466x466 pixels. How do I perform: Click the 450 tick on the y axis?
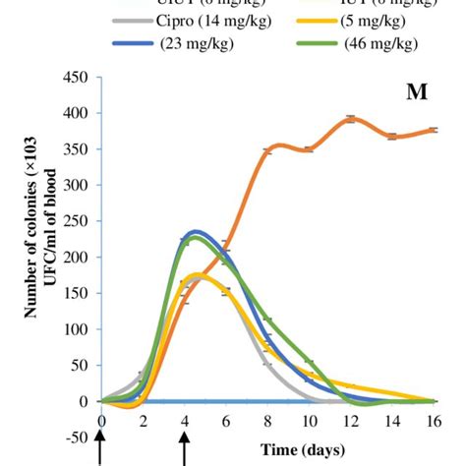77,78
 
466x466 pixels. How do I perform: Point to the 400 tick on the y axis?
77,114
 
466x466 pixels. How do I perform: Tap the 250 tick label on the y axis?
77,221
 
